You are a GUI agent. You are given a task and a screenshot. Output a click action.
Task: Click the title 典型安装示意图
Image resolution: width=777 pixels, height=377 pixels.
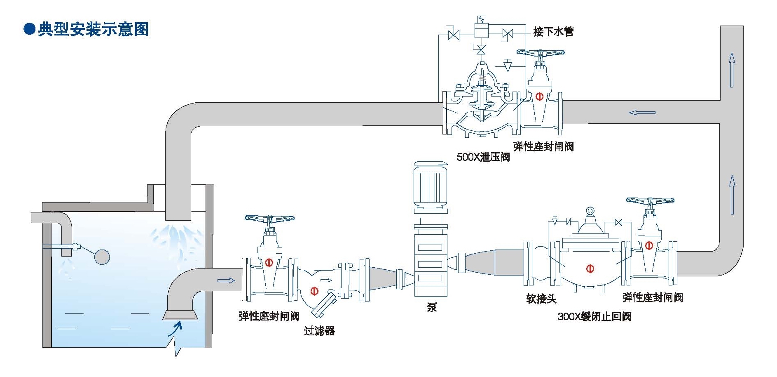click(x=93, y=30)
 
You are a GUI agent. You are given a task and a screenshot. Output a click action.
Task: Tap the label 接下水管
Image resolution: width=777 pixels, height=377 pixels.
click(x=553, y=31)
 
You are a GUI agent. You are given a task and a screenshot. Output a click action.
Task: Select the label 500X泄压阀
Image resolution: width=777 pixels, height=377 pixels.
click(x=483, y=157)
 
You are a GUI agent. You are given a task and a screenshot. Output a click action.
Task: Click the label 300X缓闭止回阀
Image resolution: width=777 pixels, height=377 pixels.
click(x=594, y=316)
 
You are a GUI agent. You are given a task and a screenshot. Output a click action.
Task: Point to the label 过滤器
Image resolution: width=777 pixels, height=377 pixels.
click(x=319, y=330)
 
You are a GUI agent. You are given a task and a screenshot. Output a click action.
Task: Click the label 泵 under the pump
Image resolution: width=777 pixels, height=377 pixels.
click(x=431, y=307)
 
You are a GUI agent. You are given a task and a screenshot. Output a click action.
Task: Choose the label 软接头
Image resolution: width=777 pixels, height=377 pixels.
click(x=541, y=298)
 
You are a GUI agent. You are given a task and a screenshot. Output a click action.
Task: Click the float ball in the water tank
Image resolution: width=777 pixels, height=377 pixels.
click(x=102, y=257)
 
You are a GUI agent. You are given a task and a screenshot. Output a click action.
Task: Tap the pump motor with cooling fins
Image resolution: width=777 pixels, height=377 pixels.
click(x=430, y=184)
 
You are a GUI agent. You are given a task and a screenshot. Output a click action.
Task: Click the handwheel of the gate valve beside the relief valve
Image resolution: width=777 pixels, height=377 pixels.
click(x=541, y=53)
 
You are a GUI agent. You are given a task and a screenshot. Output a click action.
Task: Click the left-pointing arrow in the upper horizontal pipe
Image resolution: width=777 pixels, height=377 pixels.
click(x=642, y=113)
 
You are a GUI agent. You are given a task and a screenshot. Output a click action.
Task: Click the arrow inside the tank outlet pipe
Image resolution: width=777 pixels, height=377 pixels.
click(x=226, y=280)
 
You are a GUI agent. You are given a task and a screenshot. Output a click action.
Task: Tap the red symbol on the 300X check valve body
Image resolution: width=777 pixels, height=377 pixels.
click(x=590, y=269)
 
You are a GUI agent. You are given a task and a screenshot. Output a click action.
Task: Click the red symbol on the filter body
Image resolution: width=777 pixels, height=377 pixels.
click(x=314, y=291)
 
